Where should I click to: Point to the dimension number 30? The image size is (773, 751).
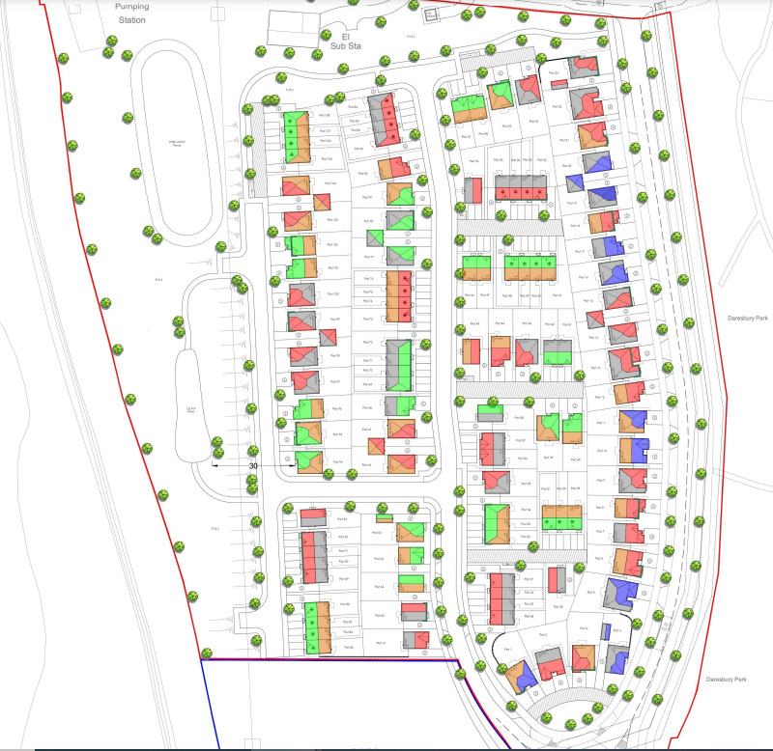click(253, 466)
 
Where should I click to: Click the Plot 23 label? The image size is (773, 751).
click(554, 73)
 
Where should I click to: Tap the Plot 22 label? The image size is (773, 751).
click(555, 107)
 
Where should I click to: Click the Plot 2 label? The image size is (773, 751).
click(543, 634)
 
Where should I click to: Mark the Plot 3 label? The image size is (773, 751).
click(584, 629)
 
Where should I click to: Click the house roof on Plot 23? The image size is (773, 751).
click(582, 68)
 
